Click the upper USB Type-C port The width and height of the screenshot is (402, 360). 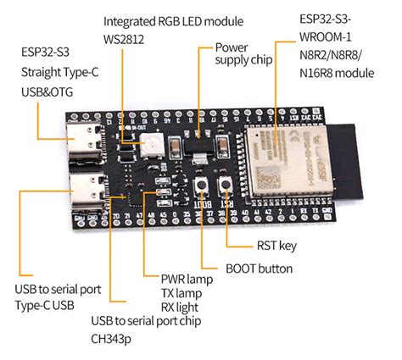(x=88, y=140)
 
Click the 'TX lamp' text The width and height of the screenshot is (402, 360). (x=181, y=292)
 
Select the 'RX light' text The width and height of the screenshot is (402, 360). (x=181, y=307)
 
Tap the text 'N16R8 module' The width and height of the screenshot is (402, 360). (x=337, y=74)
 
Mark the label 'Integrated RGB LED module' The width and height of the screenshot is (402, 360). (x=172, y=19)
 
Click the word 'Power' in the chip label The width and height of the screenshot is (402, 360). (x=231, y=47)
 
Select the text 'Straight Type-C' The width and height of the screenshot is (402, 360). (x=60, y=73)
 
